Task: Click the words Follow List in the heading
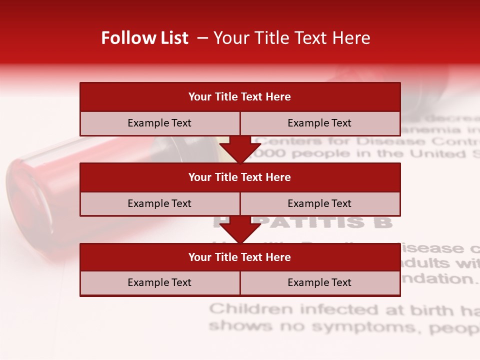click(144, 38)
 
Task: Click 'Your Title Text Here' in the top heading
click(291, 38)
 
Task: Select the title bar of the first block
click(240, 97)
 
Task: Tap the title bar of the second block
click(240, 177)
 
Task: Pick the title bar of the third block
click(240, 257)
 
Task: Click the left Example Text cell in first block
click(159, 123)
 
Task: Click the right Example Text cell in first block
click(320, 123)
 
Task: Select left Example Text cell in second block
click(159, 203)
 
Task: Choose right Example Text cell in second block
click(320, 203)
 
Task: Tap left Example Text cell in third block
click(159, 282)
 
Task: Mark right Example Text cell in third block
click(320, 282)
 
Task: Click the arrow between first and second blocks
click(240, 150)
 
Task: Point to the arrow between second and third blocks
click(240, 230)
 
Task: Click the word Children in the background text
click(251, 309)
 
